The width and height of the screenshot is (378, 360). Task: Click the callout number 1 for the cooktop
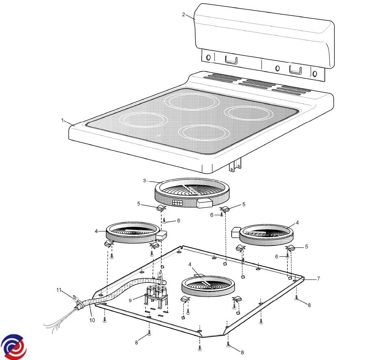[63, 120]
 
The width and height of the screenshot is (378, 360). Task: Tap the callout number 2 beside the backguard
[183, 15]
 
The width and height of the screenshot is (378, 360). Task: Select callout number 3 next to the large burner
[144, 180]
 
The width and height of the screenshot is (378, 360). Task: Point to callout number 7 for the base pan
[319, 279]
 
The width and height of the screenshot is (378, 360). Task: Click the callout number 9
[130, 301]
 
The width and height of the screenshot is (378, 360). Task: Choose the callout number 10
[92, 320]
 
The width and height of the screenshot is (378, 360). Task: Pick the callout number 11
[59, 290]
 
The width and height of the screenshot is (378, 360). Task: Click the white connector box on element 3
[204, 204]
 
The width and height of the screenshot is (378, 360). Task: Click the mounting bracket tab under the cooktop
[235, 164]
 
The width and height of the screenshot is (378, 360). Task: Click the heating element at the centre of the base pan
[208, 286]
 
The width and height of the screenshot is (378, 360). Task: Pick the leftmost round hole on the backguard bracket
[208, 58]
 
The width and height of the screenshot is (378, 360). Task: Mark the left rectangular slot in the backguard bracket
[231, 60]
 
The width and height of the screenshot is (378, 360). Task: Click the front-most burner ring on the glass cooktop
[204, 134]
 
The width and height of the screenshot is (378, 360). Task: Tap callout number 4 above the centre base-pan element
[190, 265]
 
